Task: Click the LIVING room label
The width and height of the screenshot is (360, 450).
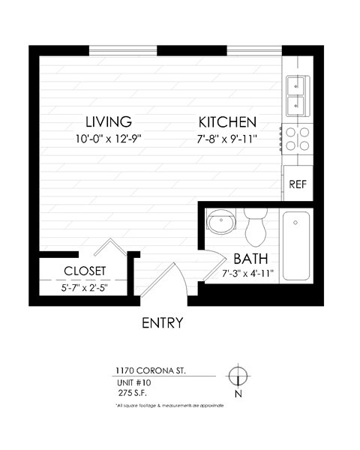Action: [109, 121]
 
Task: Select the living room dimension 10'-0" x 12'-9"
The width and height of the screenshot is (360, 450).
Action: [109, 138]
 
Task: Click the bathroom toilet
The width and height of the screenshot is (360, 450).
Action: [255, 227]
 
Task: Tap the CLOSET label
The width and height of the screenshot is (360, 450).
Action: [84, 271]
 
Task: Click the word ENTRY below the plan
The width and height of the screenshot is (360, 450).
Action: [163, 324]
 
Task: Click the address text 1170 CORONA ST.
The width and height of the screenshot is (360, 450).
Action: [151, 370]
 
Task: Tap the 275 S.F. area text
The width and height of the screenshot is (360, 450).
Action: [133, 391]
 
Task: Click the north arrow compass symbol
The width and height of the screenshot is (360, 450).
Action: [238, 376]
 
